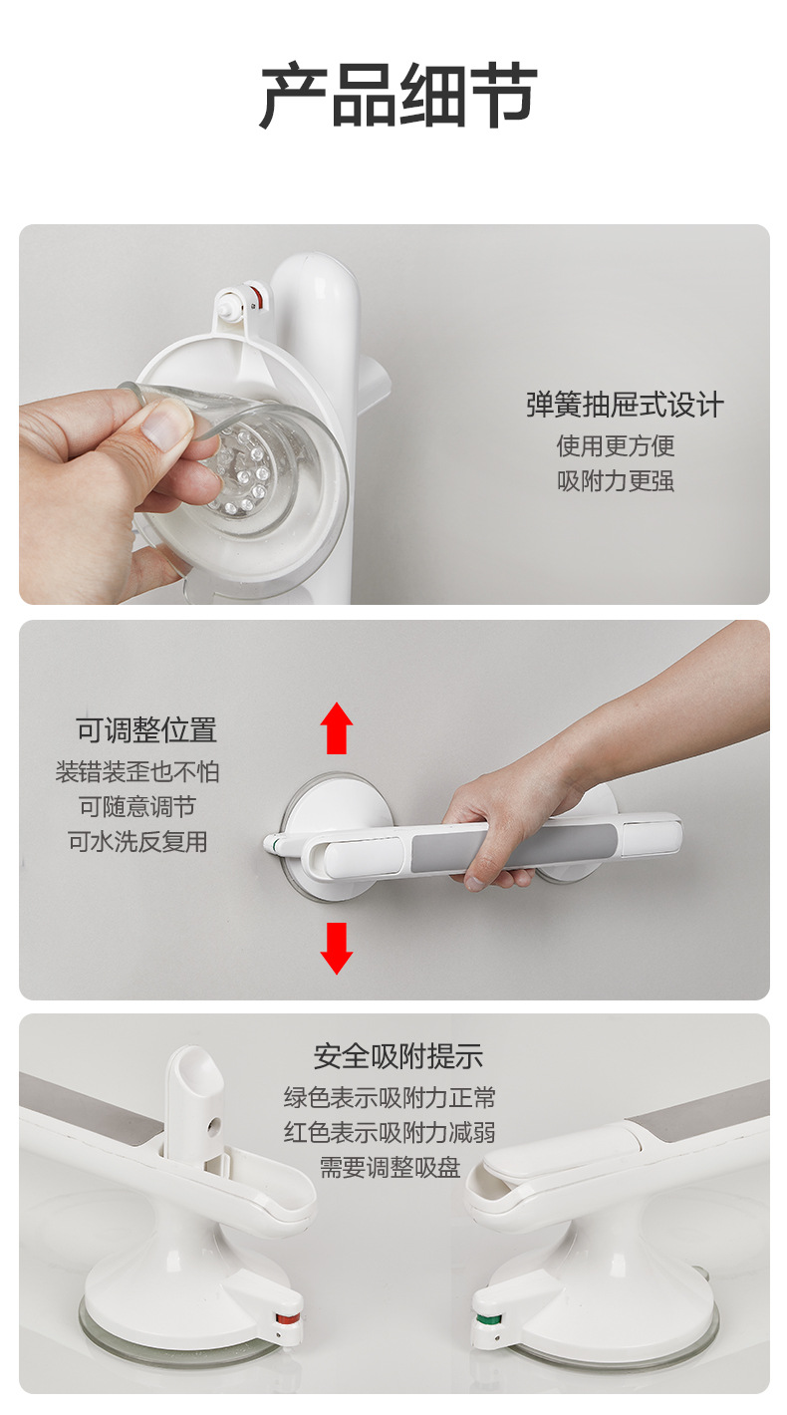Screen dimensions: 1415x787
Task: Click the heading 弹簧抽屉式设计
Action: [x=625, y=405]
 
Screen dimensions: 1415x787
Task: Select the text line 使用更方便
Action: [x=616, y=444]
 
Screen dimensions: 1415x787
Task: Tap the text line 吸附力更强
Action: [x=616, y=480]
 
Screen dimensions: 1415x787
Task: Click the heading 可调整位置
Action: [x=145, y=729]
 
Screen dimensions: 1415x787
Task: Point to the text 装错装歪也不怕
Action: [x=137, y=771]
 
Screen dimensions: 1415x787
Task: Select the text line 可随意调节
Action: [x=137, y=806]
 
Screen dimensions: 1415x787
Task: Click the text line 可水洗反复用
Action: [x=137, y=841]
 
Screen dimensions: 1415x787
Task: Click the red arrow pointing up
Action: [x=338, y=728]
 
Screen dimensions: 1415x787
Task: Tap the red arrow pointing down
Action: [x=337, y=948]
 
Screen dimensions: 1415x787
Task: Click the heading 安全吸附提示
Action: [x=397, y=1055]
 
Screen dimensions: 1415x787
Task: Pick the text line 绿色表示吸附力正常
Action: [x=390, y=1097]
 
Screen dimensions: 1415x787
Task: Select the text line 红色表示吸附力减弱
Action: [x=390, y=1132]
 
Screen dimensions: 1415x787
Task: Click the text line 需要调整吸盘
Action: [x=390, y=1167]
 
